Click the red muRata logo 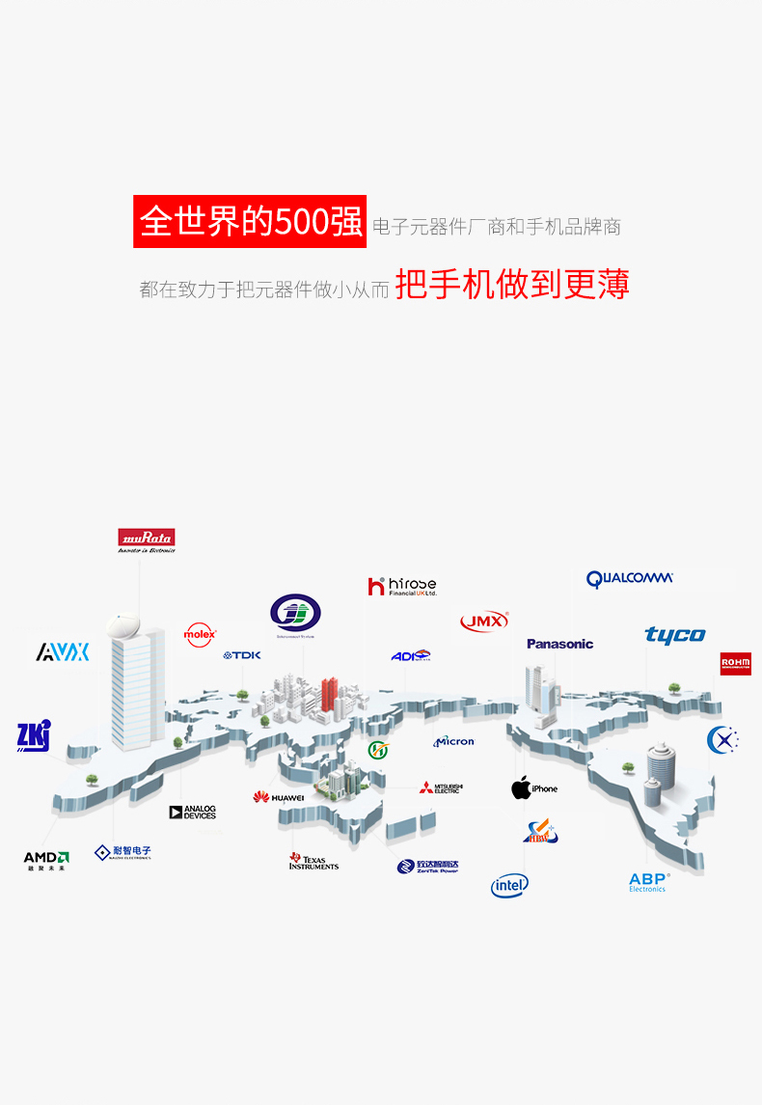147,539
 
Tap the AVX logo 63,652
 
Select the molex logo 200,634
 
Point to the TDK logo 242,655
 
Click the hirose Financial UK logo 402,586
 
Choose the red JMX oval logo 484,622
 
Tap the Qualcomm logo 629,579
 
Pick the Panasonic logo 559,644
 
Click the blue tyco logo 675,635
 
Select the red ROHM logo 735,664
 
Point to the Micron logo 454,741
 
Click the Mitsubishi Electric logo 441,787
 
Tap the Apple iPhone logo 534,788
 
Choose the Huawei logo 279,797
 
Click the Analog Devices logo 193,813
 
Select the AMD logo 46,859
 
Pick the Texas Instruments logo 313,861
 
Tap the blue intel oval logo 509,885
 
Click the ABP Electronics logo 648,882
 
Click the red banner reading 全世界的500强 250,221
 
